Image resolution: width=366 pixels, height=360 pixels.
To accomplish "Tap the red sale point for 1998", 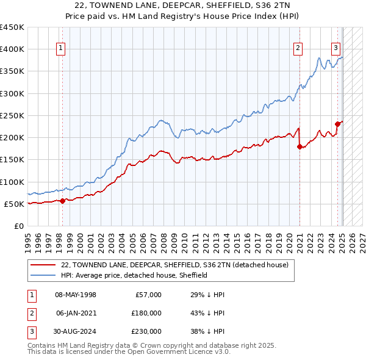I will pyautogui.click(x=62, y=201).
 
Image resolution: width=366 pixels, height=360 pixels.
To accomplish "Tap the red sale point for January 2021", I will pyautogui.click(x=300, y=146).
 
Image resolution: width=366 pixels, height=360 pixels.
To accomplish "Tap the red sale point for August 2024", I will pyautogui.click(x=337, y=124).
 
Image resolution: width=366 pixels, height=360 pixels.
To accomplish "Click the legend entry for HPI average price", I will pyautogui.click(x=134, y=275).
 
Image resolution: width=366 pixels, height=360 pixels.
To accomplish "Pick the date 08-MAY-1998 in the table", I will pyautogui.click(x=76, y=295).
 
